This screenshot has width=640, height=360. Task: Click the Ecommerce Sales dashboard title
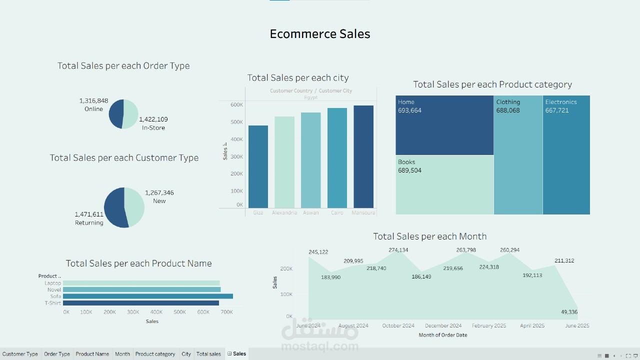pyautogui.click(x=320, y=34)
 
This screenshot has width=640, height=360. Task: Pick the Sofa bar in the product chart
pyautogui.click(x=148, y=296)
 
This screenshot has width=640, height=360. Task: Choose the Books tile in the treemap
pyautogui.click(x=444, y=184)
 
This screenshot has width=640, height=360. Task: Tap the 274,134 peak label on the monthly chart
pyautogui.click(x=398, y=250)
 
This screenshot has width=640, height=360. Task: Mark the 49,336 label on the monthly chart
pyautogui.click(x=569, y=312)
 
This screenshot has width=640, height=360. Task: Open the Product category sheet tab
pyautogui.click(x=155, y=354)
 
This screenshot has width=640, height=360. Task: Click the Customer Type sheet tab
pyautogui.click(x=20, y=354)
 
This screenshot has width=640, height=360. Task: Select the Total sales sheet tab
pyautogui.click(x=208, y=354)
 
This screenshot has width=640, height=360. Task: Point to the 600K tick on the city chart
pyautogui.click(x=236, y=104)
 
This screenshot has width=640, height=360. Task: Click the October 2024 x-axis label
pyautogui.click(x=398, y=325)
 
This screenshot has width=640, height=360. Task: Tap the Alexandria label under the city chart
pyautogui.click(x=284, y=212)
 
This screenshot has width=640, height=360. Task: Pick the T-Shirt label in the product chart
pyautogui.click(x=52, y=303)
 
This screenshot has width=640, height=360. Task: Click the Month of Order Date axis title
pyautogui.click(x=443, y=335)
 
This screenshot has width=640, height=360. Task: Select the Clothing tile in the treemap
pyautogui.click(x=518, y=155)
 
